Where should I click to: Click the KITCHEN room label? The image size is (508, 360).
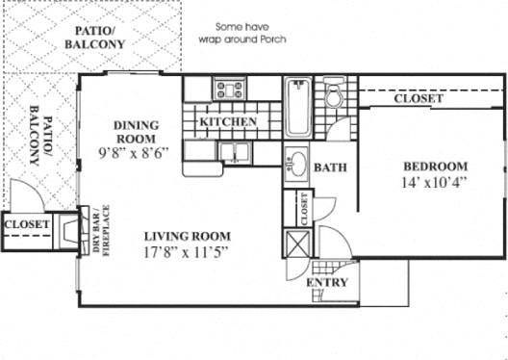(228, 122)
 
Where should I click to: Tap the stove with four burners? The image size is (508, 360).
(231, 91)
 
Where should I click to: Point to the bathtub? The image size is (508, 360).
(297, 109)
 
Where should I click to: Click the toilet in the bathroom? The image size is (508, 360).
(334, 95)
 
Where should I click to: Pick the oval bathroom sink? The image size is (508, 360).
(298, 165)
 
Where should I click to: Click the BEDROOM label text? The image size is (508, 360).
(435, 166)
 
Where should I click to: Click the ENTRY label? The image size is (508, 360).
(326, 282)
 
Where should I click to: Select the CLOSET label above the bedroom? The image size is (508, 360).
(419, 99)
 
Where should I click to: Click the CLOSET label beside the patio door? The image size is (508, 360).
(26, 224)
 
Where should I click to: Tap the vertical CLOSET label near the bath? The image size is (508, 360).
(305, 209)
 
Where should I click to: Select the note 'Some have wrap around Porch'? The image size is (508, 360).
(235, 35)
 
